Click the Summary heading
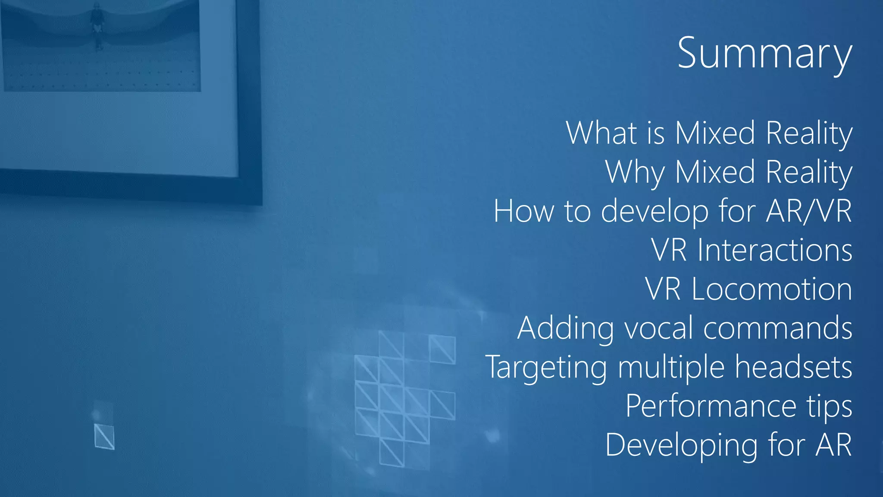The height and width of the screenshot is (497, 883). point(764,53)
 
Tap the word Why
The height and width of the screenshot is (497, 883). point(635,172)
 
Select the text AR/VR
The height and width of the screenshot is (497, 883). point(808,211)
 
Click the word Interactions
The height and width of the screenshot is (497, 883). point(774,250)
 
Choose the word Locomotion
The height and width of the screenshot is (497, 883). point(772,289)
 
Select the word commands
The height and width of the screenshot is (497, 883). point(778,328)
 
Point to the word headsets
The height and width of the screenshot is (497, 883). point(793,367)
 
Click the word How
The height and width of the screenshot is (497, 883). point(524,211)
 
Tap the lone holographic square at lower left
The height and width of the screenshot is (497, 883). point(104,436)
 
